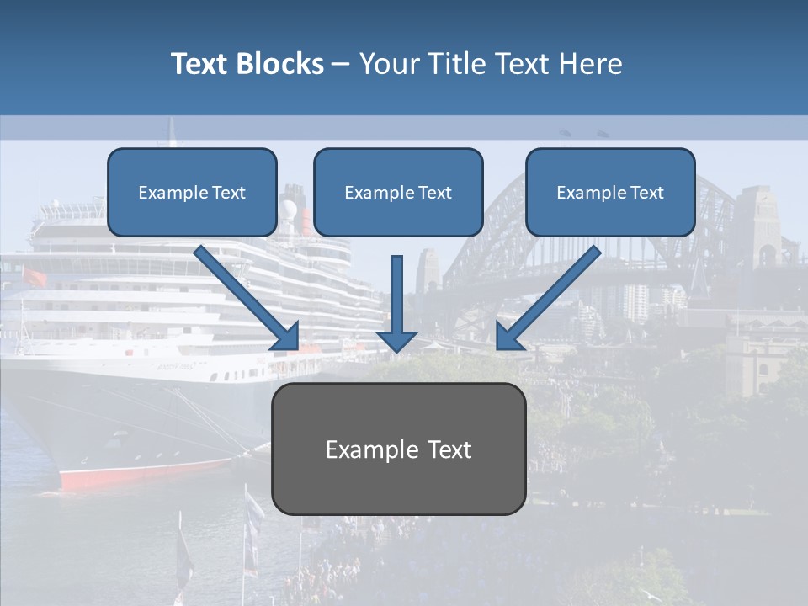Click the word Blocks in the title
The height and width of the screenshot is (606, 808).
coord(280,64)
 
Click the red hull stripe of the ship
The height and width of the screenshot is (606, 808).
coord(143,476)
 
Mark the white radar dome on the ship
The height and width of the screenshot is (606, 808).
coord(290,210)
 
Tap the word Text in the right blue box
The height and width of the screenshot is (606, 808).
coord(647,193)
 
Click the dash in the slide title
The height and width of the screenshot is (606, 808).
coord(341,64)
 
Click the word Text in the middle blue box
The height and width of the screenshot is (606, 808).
coord(435,193)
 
